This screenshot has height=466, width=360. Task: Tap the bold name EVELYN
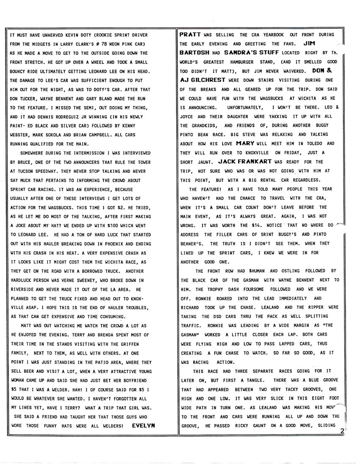click(144, 425)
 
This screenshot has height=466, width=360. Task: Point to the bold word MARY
click(245, 143)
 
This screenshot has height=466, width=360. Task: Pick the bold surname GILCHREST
click(208, 80)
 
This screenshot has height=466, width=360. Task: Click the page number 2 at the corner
click(341, 431)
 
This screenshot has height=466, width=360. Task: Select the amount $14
click(267, 225)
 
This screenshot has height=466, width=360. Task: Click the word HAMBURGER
click(239, 62)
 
